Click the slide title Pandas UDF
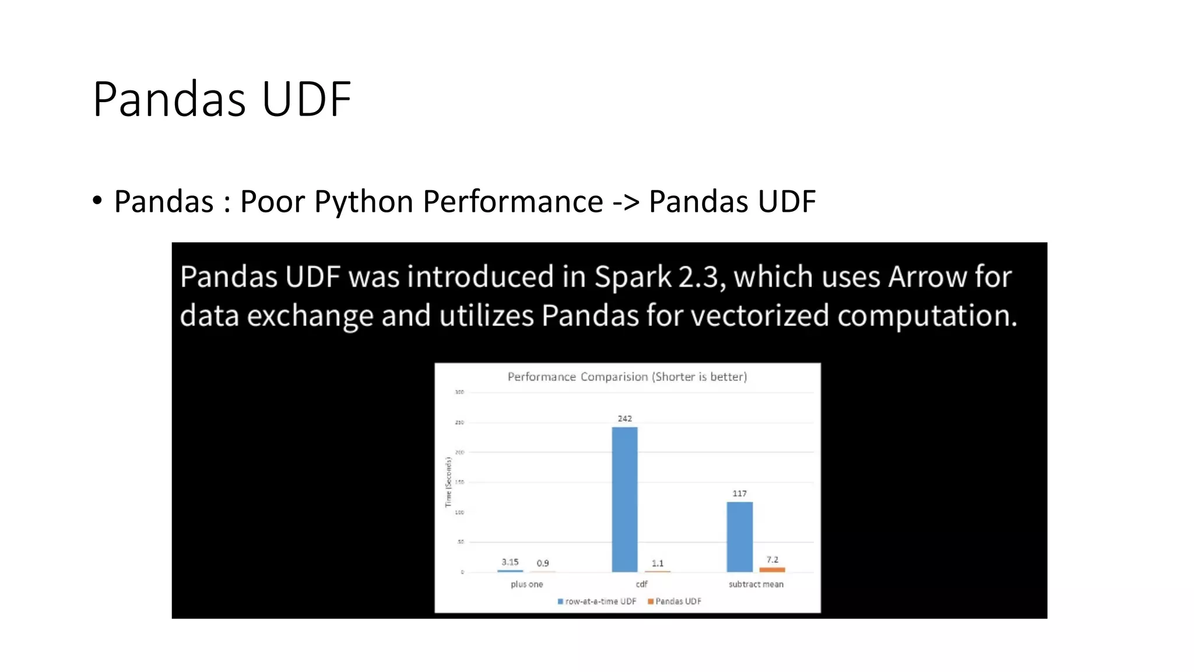pyautogui.click(x=222, y=99)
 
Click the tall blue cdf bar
pyautogui.click(x=624, y=499)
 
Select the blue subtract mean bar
pyautogui.click(x=739, y=537)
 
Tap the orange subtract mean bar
pyautogui.click(x=772, y=569)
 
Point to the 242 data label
pyautogui.click(x=624, y=418)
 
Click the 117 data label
pyautogui.click(x=739, y=494)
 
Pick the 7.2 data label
pyautogui.click(x=772, y=559)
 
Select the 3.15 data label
pyautogui.click(x=510, y=562)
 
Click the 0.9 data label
pyautogui.click(x=543, y=563)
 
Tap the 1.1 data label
pyautogui.click(x=658, y=563)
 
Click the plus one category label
pyautogui.click(x=526, y=584)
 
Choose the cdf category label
pyautogui.click(x=641, y=584)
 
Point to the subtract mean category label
pyautogui.click(x=756, y=584)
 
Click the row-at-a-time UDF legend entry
pyautogui.click(x=597, y=601)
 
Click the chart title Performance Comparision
pyautogui.click(x=627, y=377)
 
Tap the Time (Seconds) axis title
pyautogui.click(x=448, y=482)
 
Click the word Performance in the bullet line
pyautogui.click(x=512, y=202)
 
